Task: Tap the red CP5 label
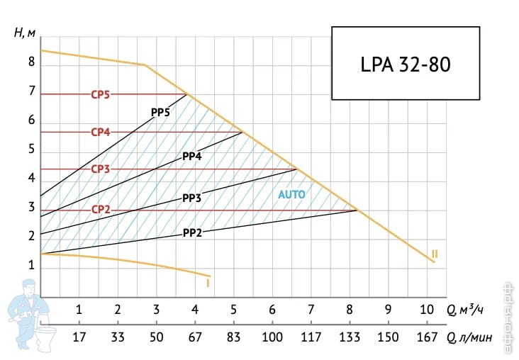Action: [99, 94]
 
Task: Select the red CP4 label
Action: [99, 132]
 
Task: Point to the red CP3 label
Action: [99, 169]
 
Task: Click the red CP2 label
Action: [99, 210]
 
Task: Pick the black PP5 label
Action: [160, 112]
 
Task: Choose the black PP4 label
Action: [193, 156]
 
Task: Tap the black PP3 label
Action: [192, 198]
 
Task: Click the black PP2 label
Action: [193, 232]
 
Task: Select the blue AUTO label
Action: [291, 193]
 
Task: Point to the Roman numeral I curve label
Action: [207, 283]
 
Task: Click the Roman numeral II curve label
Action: [435, 254]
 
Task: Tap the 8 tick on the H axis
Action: [31, 62]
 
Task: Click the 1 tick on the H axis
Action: [31, 265]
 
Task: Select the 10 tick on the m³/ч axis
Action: [427, 309]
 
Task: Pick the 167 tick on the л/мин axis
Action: [427, 337]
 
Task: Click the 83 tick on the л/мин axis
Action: [234, 337]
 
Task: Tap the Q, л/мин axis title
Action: [469, 337]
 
